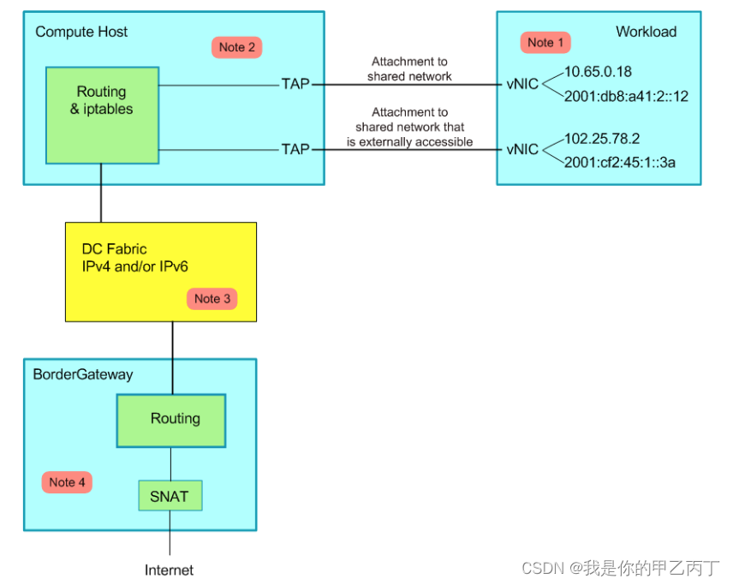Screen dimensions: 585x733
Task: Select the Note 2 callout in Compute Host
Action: coord(236,47)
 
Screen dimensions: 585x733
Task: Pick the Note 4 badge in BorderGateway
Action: coord(67,482)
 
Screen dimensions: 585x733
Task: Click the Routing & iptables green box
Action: coord(102,115)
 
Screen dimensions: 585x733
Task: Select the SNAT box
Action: coord(170,495)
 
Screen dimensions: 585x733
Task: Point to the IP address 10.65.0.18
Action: coord(598,73)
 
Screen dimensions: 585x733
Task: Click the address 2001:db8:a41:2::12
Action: coord(626,97)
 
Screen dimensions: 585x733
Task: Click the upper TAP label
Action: coord(295,84)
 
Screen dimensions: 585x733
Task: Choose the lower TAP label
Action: coord(295,149)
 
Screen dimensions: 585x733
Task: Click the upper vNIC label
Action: coord(522,84)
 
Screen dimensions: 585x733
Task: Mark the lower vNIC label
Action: coord(522,149)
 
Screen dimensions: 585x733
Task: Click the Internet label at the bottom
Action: coord(169,570)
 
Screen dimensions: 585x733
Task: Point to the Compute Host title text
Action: coord(81,32)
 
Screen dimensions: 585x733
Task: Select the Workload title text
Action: coord(646,32)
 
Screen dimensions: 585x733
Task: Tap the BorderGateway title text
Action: coord(83,374)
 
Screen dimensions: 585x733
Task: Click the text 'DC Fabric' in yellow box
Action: coord(114,249)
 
